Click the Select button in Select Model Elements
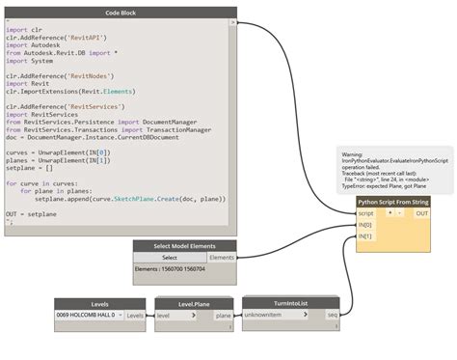169,258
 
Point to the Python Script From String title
393,203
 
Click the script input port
366,213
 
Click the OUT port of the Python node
421,213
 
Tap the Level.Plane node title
194,303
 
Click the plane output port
223,315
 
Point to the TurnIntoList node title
290,302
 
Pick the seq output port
332,315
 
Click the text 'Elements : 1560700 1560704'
170,269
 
